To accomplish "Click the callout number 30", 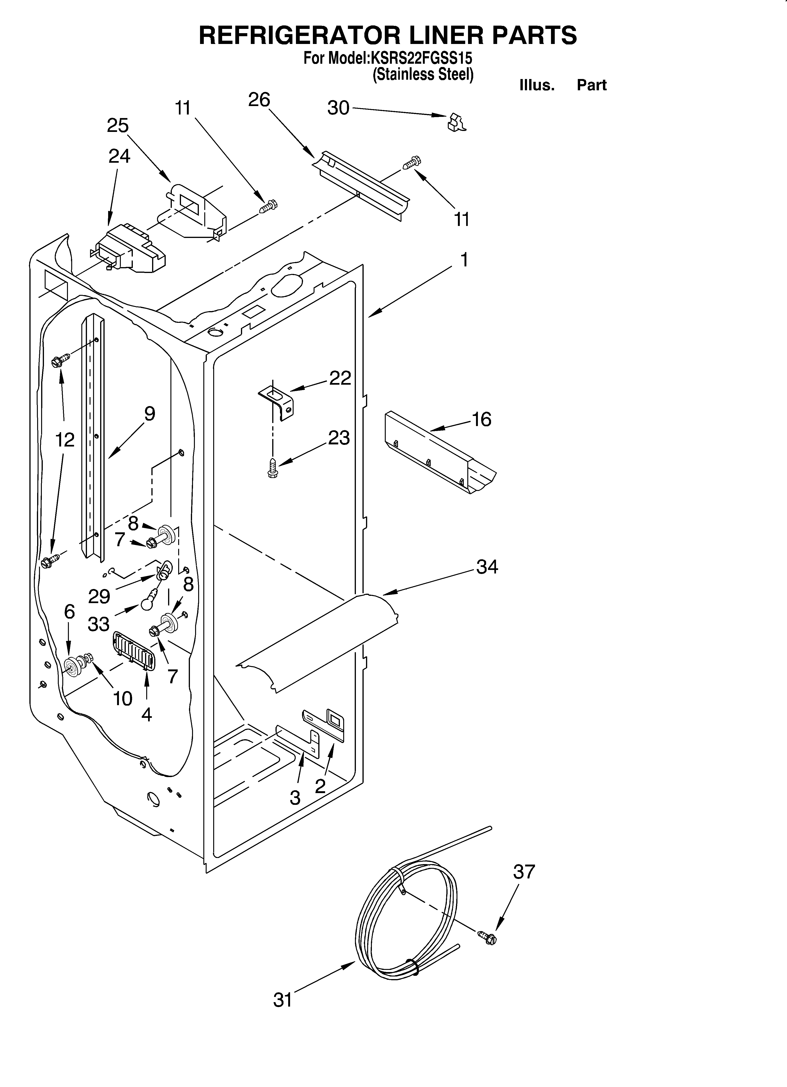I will pos(338,108).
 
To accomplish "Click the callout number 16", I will pos(482,419).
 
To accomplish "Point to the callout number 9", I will pos(150,414).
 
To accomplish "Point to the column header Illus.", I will pos(537,85).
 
